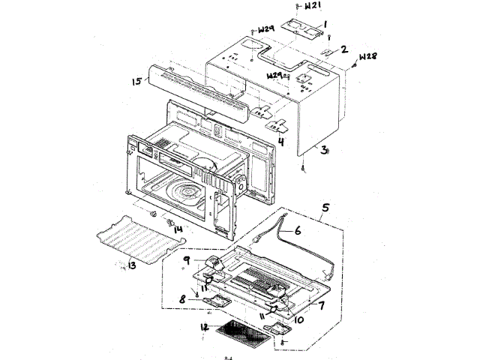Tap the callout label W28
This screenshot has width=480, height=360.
point(367,57)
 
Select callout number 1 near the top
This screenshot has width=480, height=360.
point(326,25)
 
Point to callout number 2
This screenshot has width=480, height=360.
point(344,49)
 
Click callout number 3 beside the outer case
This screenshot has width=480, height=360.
point(324,150)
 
